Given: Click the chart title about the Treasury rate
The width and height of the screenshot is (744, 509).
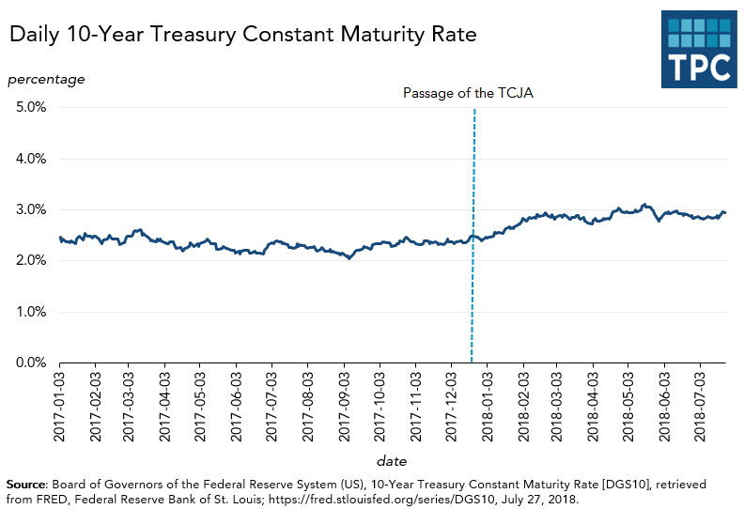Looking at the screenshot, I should pos(243,36).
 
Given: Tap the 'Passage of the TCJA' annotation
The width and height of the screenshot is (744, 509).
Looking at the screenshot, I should pos(468,93).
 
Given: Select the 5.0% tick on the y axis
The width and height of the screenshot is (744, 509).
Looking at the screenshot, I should pos(28,108).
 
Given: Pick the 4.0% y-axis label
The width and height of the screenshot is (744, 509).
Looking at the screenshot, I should pos(28,159).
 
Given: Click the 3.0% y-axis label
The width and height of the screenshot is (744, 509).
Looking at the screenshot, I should pos(28,209).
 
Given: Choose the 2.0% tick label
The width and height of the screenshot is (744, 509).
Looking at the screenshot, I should pos(28,261).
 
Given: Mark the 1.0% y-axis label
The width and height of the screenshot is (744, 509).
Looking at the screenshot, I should pos(28,312).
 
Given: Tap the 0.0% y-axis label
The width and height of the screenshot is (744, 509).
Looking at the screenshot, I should pos(28,362).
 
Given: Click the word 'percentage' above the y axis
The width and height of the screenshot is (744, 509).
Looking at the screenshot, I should pos(47,79).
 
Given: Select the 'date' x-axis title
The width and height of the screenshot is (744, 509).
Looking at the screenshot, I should pos(392,461).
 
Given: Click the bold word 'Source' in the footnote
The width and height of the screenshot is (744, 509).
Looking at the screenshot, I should pos(27,483).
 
